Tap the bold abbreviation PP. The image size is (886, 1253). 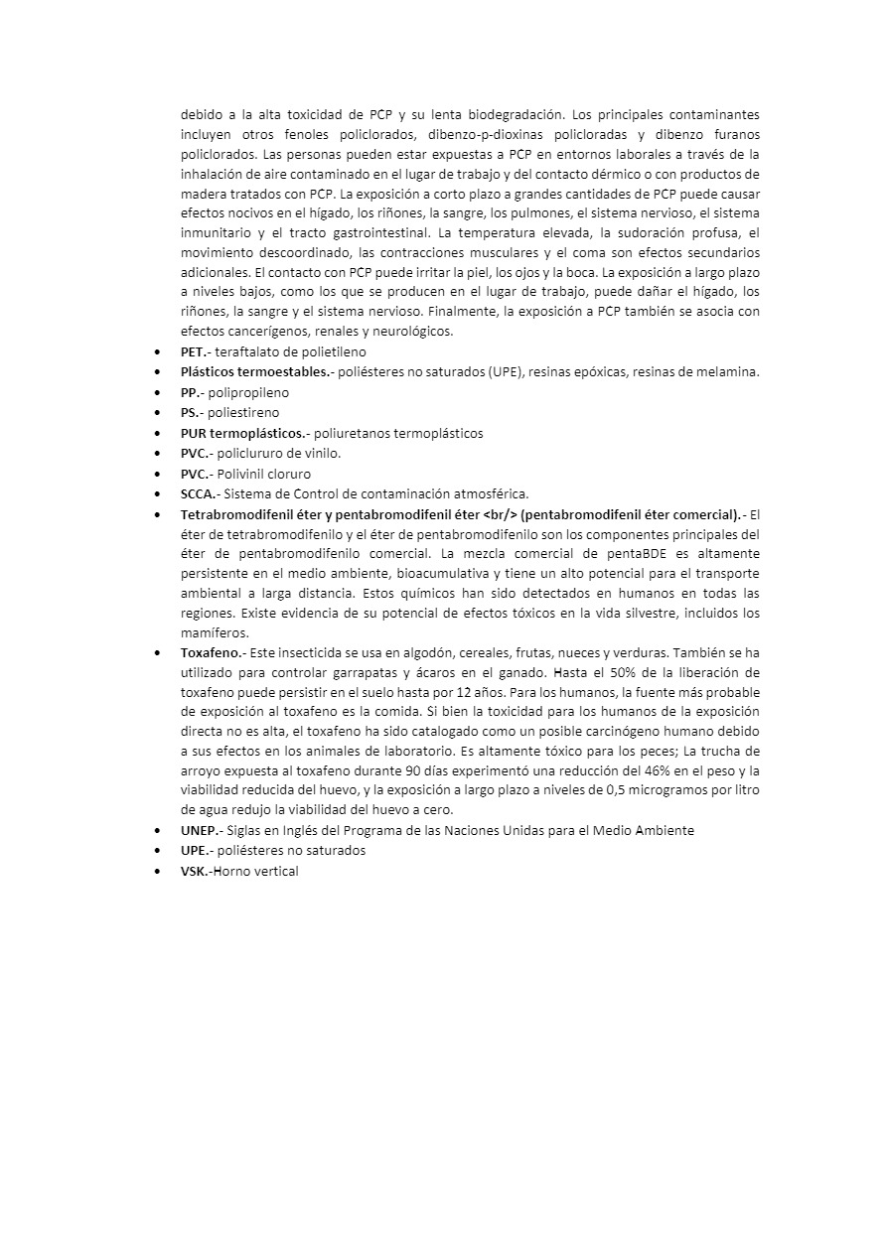point(192,392)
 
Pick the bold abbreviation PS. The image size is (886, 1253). point(192,412)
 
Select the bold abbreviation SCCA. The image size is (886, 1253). point(198,493)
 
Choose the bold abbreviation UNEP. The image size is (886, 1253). point(201,830)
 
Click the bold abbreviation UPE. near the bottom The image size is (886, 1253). point(195,851)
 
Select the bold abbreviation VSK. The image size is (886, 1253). point(196,871)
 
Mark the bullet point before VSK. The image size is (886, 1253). point(159,871)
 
